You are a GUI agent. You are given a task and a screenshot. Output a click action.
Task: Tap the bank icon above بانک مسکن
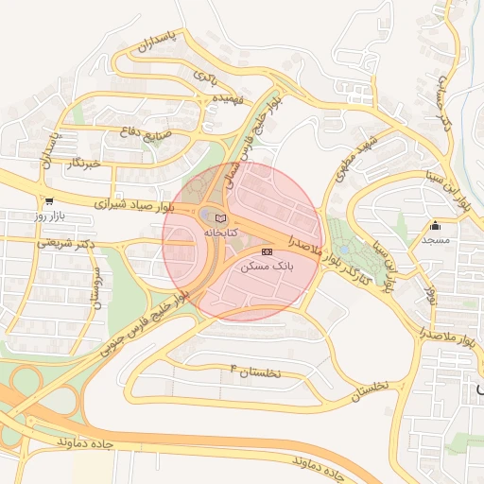click(x=267, y=252)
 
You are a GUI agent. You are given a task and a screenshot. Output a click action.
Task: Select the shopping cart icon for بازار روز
click(x=47, y=200)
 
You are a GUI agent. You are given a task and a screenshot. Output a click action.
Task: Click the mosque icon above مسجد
click(x=435, y=226)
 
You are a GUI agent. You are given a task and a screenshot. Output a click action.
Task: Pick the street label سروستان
click(x=94, y=287)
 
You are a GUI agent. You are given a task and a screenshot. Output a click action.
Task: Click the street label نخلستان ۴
click(x=256, y=371)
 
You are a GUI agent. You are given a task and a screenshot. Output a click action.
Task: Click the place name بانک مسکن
click(x=268, y=268)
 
